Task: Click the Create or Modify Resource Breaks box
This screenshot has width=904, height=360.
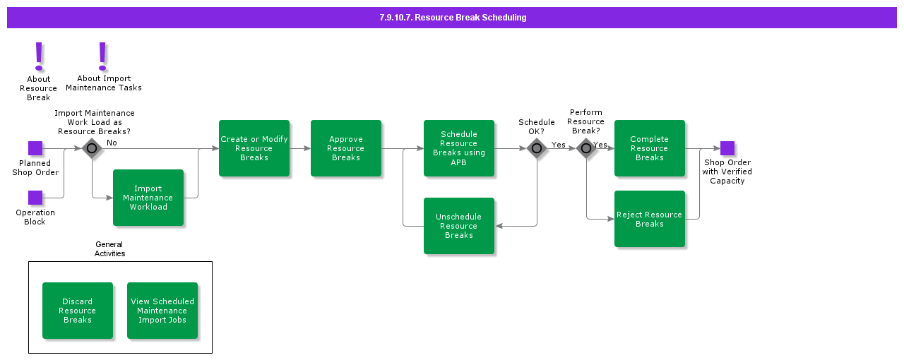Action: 254,148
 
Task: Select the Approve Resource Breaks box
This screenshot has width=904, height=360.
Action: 346,148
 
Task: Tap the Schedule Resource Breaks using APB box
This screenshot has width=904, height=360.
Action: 459,148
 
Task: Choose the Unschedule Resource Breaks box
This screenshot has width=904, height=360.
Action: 459,226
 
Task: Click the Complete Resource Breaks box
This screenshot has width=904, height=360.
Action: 650,148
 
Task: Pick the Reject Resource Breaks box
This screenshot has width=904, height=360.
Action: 650,219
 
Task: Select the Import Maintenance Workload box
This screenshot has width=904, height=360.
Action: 148,198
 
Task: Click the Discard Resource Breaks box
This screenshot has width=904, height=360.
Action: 78,311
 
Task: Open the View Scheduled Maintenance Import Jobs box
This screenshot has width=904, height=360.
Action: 162,311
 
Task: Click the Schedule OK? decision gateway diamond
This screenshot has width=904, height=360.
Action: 537,148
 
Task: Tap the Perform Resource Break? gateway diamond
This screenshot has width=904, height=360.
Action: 586,148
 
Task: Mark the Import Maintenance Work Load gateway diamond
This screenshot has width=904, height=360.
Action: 92,148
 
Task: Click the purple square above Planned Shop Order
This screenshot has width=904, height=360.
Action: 35,148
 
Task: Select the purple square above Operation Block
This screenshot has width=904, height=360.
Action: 35,198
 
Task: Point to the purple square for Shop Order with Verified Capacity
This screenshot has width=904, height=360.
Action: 727,148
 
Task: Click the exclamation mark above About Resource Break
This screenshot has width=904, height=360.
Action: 39,56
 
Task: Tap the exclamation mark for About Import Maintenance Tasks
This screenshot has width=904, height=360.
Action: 102,56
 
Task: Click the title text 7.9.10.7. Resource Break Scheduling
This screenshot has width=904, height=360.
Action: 453,18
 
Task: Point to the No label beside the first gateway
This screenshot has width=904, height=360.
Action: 112,143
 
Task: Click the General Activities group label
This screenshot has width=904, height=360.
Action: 109,248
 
